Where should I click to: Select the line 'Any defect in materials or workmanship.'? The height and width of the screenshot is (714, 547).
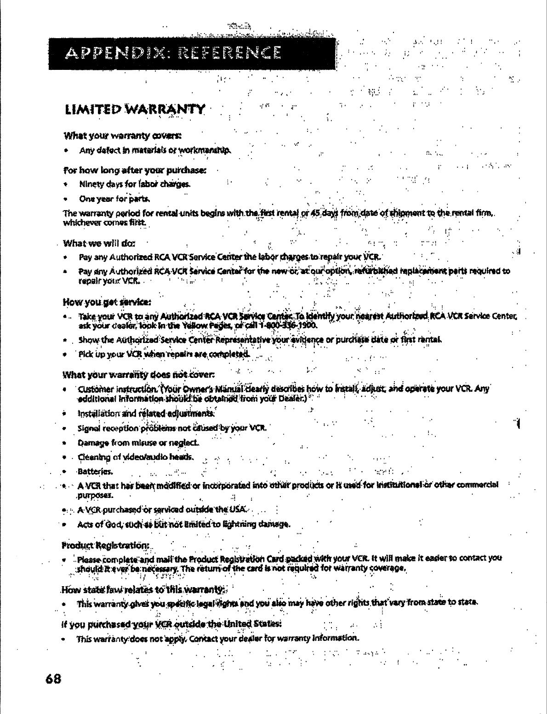click(155, 150)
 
